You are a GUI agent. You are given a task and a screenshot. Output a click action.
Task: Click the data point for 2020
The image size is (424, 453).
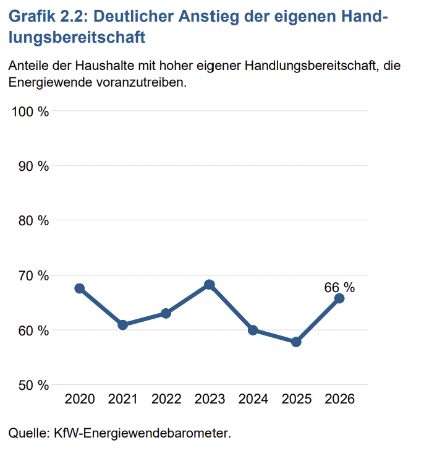79,288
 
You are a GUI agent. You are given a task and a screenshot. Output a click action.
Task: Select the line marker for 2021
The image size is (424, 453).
122,325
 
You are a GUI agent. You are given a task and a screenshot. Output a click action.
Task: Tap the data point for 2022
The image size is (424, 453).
166,313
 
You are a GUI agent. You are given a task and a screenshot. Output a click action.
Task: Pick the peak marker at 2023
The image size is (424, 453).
210,285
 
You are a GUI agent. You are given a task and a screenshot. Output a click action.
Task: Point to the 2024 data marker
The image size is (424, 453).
253,330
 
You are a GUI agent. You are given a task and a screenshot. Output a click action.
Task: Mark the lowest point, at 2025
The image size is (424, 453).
296,342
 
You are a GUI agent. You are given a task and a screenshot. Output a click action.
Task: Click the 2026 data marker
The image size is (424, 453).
339,298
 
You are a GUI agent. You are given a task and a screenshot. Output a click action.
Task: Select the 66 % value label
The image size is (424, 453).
339,287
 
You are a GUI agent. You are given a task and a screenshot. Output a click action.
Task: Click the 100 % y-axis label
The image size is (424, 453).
30,111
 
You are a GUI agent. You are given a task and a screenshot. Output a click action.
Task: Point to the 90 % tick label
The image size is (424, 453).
33,166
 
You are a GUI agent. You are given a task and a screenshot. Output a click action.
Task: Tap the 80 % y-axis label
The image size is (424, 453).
33,221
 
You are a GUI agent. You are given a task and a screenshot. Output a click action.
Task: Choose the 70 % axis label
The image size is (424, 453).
33,275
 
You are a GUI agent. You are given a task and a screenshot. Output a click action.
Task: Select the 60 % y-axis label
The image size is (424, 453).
33,330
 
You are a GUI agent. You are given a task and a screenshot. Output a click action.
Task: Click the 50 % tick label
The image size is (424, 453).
33,385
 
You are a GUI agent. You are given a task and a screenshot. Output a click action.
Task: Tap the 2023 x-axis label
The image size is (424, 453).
210,399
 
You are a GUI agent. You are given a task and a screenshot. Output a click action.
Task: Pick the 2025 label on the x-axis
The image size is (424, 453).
297,399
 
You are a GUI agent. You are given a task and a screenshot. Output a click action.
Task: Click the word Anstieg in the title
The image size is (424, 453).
209,17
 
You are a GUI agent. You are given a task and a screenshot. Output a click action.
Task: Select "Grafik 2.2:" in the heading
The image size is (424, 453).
48,16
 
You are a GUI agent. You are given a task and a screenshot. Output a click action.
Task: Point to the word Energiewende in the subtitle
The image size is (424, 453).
50,82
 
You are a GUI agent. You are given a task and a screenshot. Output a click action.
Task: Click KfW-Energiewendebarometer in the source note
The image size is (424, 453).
143,433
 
